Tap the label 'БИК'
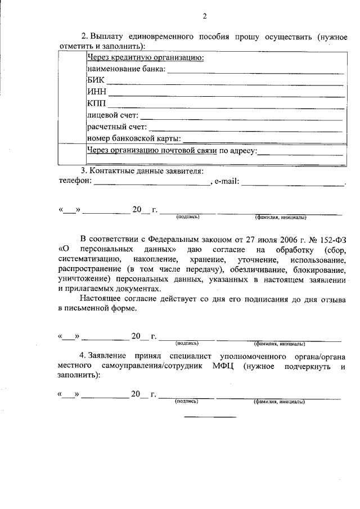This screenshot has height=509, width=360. tap(95, 81)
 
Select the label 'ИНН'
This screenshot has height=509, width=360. tap(96, 93)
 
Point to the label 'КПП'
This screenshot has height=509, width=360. tap(96, 105)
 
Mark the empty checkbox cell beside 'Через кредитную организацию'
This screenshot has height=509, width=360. tap(72, 98)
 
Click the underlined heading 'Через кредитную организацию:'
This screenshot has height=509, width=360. tap(145, 57)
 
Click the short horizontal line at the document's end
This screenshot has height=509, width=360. tap(210, 417)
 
